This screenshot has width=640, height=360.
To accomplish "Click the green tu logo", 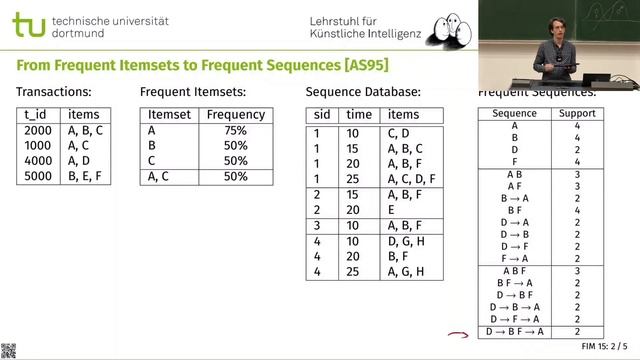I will tap(28, 26).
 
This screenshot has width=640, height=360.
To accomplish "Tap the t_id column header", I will tap(36, 115).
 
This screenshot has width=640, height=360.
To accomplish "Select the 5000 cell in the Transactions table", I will tap(37, 176).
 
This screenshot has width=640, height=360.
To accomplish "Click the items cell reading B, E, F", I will tap(85, 176).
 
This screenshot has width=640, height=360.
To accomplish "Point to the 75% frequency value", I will tap(235, 130).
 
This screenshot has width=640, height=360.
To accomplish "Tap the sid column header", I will tap(321, 115).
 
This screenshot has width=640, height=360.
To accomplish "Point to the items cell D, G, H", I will tap(405, 241).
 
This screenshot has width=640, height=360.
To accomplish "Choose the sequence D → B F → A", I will tap(514, 332).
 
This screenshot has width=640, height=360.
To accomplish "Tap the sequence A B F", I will tap(514, 270).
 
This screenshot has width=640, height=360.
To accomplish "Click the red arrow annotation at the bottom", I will tap(458, 336).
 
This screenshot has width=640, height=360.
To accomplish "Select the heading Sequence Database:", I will tap(362, 92).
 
